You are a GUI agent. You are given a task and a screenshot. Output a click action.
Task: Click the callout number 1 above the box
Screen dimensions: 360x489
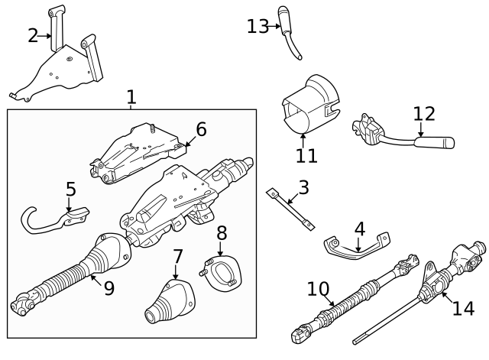click(x=131, y=97)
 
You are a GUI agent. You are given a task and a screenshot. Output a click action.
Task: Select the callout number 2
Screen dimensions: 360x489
click(x=32, y=35)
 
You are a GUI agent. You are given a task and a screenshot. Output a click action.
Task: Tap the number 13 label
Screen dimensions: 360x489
click(x=257, y=27)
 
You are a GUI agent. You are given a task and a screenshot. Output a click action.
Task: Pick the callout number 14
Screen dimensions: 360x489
click(x=463, y=308)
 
